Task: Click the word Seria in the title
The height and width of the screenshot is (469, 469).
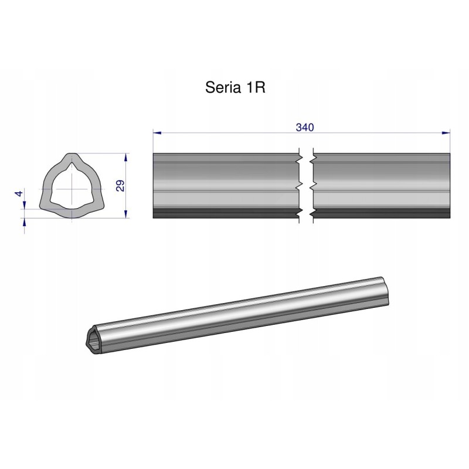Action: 220,88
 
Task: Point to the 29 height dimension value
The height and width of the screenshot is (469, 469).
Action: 120,186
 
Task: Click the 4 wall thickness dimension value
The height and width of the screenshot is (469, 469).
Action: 19,193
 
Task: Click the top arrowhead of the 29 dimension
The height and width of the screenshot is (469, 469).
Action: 126,157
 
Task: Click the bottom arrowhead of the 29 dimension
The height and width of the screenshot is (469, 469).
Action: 126,214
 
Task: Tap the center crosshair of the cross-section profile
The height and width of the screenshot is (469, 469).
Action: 72,189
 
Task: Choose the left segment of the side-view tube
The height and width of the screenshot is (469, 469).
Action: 226,182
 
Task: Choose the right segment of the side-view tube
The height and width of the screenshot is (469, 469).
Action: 381,182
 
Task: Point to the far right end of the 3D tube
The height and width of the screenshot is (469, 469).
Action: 384,290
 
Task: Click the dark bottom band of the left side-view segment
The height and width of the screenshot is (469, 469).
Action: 226,213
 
